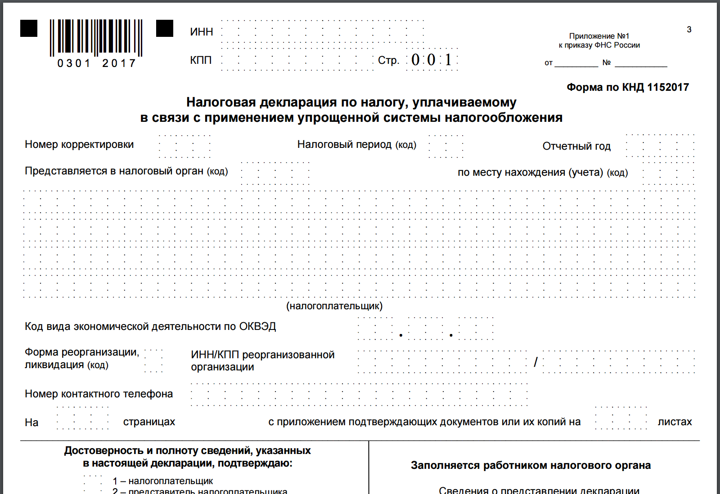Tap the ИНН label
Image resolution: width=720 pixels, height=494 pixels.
201,32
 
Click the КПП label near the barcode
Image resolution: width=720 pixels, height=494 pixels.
201,60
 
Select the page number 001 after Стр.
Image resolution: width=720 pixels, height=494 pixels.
431,60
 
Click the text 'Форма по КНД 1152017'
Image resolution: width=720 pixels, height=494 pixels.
627,87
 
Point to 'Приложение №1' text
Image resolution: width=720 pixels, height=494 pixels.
599,36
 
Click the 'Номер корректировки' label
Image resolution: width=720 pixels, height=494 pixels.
79,145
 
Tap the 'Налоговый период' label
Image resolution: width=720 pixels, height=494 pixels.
356,145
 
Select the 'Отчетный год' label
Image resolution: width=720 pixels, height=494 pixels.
576,147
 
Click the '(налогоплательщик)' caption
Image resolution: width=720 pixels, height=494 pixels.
334,306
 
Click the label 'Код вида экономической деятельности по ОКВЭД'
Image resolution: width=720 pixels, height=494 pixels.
150,326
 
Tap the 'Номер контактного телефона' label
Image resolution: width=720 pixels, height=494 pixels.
99,394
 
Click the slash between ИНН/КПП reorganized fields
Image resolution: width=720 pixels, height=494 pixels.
535,362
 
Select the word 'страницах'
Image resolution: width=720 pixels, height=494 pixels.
149,422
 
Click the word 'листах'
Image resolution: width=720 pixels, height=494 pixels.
675,422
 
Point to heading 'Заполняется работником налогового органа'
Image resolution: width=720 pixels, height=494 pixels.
531,465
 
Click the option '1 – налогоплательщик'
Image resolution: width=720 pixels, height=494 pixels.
162,481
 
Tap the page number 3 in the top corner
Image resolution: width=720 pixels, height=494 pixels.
689,30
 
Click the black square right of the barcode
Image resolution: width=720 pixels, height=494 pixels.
165,28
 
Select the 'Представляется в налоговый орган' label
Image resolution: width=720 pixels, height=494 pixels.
126,171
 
